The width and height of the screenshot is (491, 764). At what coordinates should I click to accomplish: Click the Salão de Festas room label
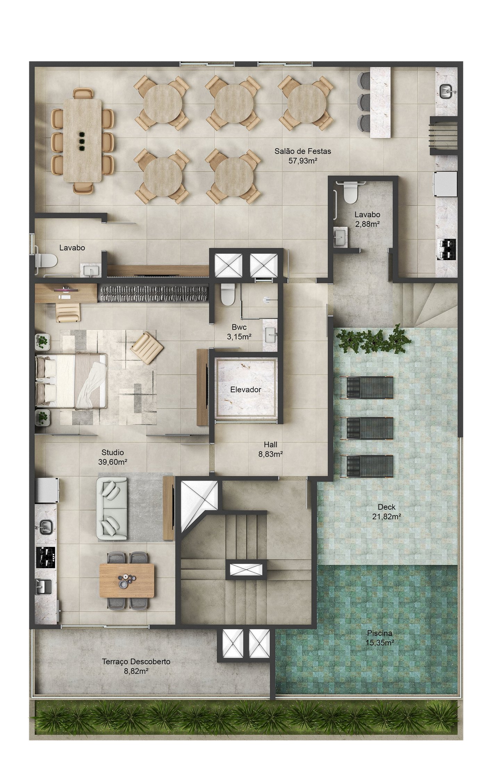click(x=302, y=151)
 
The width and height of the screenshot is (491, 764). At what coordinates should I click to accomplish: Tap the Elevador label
click(x=245, y=390)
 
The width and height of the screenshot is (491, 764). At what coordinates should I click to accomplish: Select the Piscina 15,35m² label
click(x=380, y=638)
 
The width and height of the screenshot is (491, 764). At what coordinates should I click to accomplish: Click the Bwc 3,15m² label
click(x=239, y=331)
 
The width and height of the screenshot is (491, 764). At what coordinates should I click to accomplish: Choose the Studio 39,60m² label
click(x=113, y=457)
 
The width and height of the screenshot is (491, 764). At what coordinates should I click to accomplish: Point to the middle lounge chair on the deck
click(x=367, y=428)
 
